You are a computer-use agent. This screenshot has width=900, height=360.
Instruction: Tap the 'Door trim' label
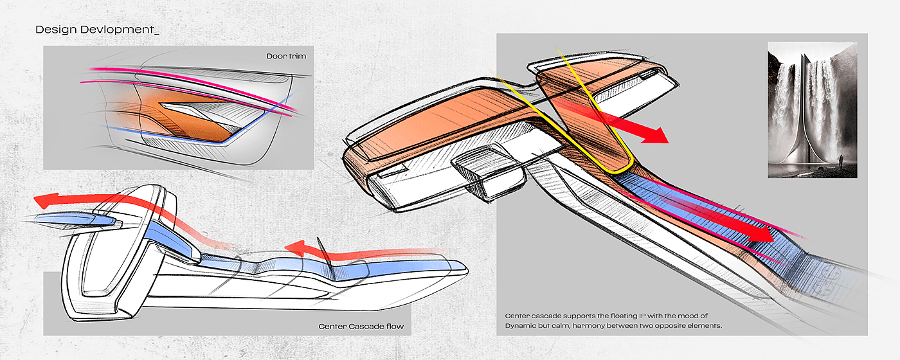pos(286,57)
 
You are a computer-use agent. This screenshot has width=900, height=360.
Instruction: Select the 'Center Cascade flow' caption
pos(361,327)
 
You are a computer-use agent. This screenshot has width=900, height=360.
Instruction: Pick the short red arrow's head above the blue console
pos(292,248)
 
